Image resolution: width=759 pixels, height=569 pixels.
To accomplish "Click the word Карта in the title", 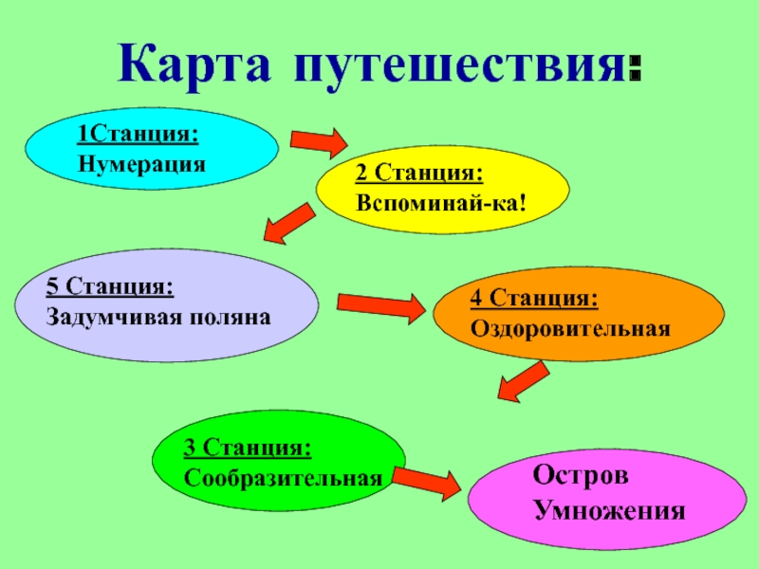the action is tap(194, 64).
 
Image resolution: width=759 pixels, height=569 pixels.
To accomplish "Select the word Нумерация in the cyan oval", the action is tap(142, 162).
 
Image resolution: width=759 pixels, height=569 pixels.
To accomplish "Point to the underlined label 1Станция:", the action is tap(139, 136).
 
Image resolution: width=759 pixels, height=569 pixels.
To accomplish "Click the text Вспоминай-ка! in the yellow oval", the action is tap(441, 203).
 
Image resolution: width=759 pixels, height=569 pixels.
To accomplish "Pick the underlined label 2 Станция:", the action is tap(419, 175).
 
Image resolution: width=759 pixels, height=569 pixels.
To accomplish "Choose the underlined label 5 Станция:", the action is tap(110, 287).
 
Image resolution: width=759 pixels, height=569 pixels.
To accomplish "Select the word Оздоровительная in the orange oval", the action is tap(570, 327).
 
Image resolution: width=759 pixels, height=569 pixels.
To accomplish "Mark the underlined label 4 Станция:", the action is tap(534, 300).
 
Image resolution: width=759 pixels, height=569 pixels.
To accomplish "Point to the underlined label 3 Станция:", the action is tap(249, 446).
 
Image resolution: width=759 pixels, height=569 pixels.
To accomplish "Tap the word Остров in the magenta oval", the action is tap(581, 474).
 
